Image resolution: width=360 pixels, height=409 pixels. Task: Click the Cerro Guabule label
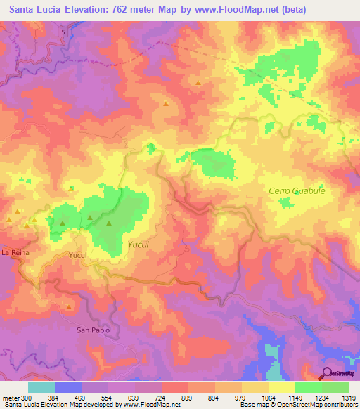[x=297, y=190]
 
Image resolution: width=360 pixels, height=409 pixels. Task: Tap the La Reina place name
[x=14, y=252]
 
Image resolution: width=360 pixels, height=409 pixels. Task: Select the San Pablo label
[x=90, y=329]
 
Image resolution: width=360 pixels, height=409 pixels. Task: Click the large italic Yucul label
[x=141, y=244]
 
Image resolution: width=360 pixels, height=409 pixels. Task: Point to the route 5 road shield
[x=63, y=32]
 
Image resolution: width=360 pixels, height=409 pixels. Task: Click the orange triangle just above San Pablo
[x=69, y=307]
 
